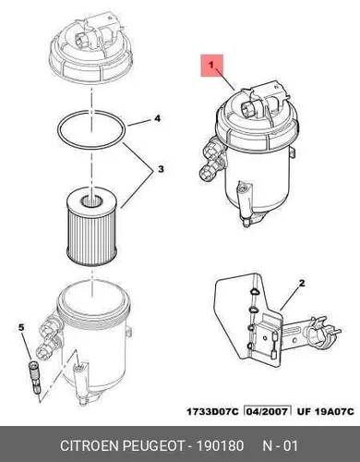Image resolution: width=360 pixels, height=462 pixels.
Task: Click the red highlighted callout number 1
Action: pyautogui.click(x=211, y=66)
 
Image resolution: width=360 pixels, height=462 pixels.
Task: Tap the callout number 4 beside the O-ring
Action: pyautogui.click(x=157, y=118)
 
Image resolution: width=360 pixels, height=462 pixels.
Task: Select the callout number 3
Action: pyautogui.click(x=161, y=169)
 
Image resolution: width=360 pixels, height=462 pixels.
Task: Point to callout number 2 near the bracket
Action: pyautogui.click(x=302, y=283)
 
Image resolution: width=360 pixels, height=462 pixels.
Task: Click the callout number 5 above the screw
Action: pyautogui.click(x=21, y=327)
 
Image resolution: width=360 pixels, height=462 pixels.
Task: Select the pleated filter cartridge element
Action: pyautogui.click(x=91, y=228)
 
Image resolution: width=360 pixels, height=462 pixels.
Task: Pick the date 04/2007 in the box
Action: pyautogui.click(x=267, y=411)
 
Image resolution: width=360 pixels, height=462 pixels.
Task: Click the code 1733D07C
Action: pyautogui.click(x=212, y=411)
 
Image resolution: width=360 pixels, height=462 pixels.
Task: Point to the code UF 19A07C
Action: pyautogui.click(x=326, y=411)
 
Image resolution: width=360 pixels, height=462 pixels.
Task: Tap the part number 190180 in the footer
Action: pyautogui.click(x=220, y=445)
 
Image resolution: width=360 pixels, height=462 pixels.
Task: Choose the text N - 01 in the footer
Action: pyautogui.click(x=280, y=445)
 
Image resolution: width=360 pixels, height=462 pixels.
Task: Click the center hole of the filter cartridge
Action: pyautogui.click(x=91, y=201)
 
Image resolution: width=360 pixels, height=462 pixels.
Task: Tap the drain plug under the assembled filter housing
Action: pyautogui.click(x=246, y=222)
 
